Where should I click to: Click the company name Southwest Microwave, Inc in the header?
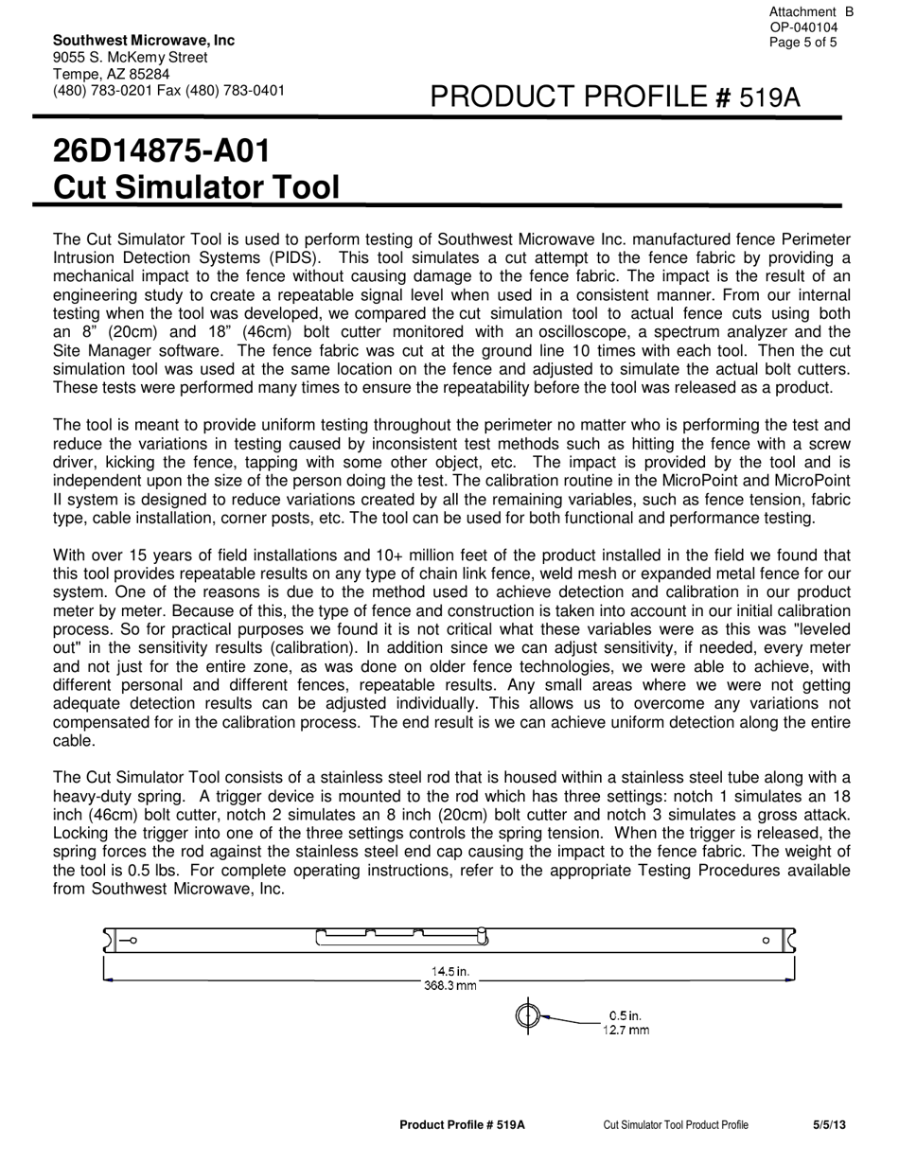[144, 40]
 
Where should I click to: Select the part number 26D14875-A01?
[161, 151]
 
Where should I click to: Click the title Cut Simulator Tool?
[196, 187]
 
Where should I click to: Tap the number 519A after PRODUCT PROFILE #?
[769, 97]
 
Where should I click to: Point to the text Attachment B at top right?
[811, 11]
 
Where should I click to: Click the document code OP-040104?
[803, 27]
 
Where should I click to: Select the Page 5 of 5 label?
[803, 43]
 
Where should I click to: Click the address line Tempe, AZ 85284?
[112, 74]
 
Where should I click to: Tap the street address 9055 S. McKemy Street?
[130, 57]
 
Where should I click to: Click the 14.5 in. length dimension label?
[450, 971]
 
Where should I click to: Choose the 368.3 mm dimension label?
[450, 986]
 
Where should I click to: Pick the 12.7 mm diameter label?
[626, 1031]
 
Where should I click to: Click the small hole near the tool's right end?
[766, 941]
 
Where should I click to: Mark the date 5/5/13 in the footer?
[829, 1125]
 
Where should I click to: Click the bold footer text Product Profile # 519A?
[462, 1125]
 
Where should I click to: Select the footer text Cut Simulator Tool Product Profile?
[676, 1125]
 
